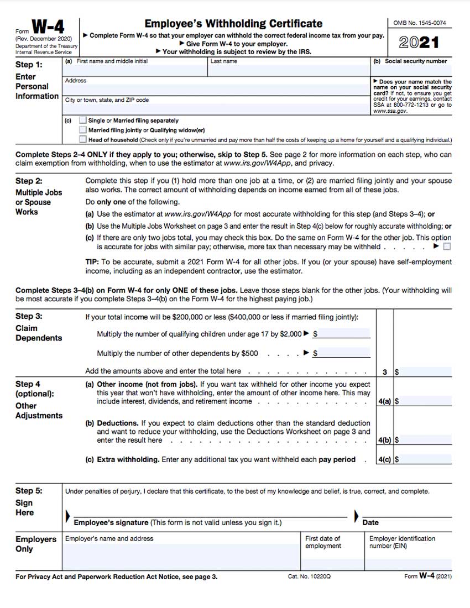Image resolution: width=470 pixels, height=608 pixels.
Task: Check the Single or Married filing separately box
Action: click(83, 120)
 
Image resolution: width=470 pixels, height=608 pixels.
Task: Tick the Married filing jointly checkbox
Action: click(83, 130)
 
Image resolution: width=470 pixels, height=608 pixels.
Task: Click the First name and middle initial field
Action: click(135, 69)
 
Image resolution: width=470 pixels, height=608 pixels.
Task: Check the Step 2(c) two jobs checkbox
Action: click(447, 247)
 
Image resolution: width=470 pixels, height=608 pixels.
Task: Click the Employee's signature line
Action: click(210, 513)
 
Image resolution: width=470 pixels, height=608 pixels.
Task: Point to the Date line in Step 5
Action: click(407, 513)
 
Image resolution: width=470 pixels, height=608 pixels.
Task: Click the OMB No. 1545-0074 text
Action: click(419, 23)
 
